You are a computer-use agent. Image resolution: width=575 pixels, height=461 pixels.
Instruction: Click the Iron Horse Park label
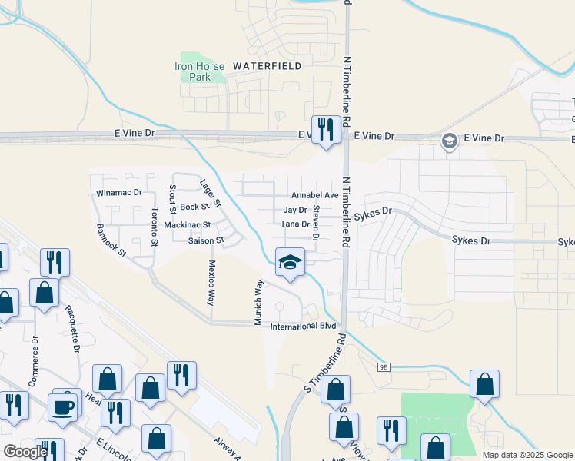point(193,71)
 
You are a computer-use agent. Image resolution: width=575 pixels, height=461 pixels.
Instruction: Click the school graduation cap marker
point(290,264)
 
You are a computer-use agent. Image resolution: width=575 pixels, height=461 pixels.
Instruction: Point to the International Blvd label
point(304,327)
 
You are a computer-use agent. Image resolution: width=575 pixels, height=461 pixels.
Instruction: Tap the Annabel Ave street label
point(314,196)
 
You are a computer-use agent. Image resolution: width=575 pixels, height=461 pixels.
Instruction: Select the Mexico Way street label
point(211,281)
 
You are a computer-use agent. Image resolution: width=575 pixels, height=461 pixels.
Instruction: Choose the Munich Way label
point(260,302)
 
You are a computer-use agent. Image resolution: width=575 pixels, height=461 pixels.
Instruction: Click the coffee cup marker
point(63,406)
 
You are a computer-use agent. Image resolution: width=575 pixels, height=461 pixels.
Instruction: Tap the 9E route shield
point(384,367)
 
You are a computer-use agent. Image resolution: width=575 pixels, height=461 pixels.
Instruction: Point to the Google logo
point(25,452)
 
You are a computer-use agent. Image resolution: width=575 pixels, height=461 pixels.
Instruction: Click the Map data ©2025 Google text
point(527,455)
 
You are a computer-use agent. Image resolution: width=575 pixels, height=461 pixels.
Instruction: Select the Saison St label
point(205,240)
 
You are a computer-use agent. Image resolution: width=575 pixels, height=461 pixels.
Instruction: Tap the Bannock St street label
point(111,240)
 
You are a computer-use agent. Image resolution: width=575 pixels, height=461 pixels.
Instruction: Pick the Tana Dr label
point(294,224)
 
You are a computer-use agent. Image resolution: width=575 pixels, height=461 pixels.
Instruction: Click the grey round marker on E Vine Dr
point(448,140)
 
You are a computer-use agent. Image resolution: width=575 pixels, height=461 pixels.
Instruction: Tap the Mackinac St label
point(188,225)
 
